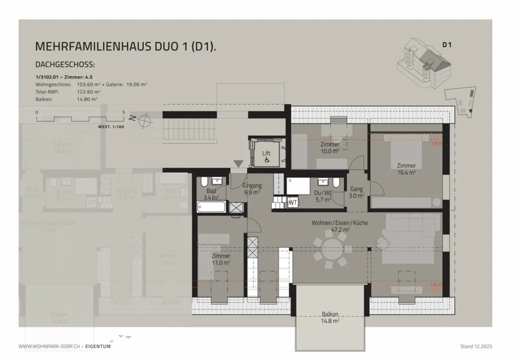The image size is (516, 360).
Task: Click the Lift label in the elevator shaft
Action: tap(266, 153)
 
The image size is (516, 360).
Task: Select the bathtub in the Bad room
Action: tap(211, 207)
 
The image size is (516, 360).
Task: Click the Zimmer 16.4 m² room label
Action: tap(406, 169)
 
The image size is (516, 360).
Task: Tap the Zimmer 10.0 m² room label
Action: tap(330, 148)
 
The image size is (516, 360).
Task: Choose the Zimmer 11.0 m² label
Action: tap(221, 259)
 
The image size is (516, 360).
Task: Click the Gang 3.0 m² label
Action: tap(357, 192)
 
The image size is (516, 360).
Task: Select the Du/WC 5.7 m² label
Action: tap(323, 196)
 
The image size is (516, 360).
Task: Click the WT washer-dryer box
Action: tap(292, 202)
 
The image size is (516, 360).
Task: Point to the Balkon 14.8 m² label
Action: tap(330, 317)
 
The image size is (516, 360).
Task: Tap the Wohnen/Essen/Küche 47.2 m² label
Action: tap(339, 226)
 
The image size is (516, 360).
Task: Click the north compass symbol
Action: tap(145, 120)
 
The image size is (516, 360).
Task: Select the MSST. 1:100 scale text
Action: tap(111, 127)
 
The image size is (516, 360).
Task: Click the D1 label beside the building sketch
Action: tap(446, 45)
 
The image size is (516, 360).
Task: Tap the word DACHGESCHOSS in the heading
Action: tap(65, 65)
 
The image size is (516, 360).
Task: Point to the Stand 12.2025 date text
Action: tap(476, 346)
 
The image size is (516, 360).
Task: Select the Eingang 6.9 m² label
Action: tap(252, 189)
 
